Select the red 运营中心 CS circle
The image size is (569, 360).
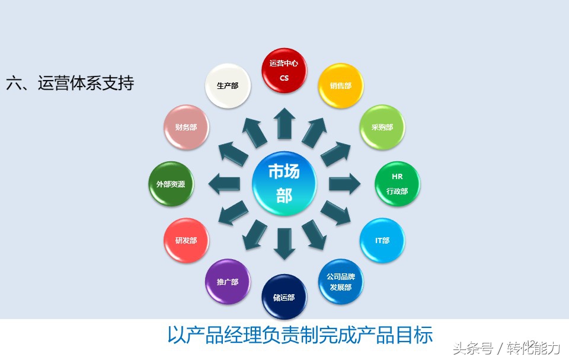[x=284, y=71]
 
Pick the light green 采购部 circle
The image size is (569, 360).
[x=382, y=127]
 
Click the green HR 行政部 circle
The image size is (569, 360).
[x=397, y=184]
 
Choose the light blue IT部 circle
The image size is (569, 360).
[x=382, y=240]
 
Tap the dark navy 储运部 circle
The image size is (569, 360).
[x=284, y=297]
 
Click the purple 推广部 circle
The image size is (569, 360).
[x=228, y=282]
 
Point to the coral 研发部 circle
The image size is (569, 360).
[x=186, y=240]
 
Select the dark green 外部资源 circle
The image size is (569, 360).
[x=171, y=184]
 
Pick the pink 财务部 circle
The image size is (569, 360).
[x=186, y=127]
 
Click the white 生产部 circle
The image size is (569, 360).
[x=228, y=85]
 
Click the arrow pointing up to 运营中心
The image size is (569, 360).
[x=284, y=123]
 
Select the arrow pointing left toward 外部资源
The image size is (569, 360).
[x=224, y=183]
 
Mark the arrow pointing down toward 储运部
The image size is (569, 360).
[x=284, y=243]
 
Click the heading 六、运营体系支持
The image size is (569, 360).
[x=70, y=83]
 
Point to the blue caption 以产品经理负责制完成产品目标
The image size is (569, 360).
[x=300, y=335]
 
